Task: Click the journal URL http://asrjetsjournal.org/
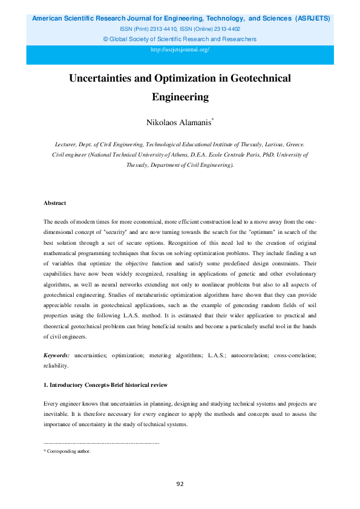click(180, 50)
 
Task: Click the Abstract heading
click(55, 203)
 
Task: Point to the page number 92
click(180, 484)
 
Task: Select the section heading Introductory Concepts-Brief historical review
click(106, 385)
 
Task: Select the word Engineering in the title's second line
click(180, 96)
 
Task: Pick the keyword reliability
click(56, 366)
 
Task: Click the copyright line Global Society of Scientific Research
click(180, 39)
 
